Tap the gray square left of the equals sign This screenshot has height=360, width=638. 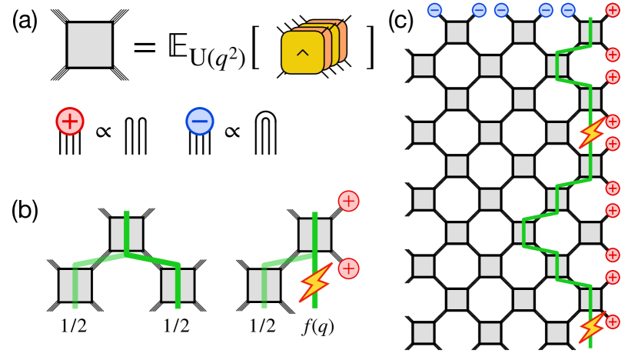coord(90,48)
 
